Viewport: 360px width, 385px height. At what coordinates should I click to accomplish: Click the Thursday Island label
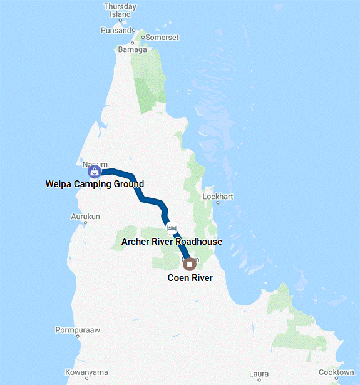pos(120,10)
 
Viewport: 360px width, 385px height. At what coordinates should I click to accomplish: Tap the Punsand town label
pos(116,30)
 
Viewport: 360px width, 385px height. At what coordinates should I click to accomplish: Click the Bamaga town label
pos(132,49)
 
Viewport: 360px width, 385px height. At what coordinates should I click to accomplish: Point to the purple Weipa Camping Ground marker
pos(94,171)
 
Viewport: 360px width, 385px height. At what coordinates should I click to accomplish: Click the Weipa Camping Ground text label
pos(95,184)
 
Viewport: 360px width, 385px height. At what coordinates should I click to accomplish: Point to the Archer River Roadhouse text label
pos(172,241)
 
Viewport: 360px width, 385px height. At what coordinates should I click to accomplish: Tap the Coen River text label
pos(190,278)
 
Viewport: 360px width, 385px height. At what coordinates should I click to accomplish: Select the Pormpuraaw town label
pos(78,330)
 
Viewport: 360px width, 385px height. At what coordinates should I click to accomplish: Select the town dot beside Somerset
pos(142,38)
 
